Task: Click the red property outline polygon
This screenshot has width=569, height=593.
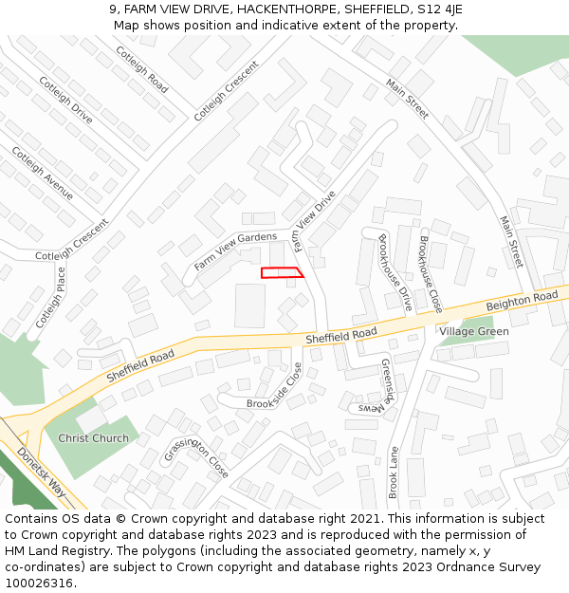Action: click(x=282, y=272)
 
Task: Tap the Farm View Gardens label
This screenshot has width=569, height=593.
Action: click(x=235, y=250)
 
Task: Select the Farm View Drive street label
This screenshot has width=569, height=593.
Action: click(x=314, y=222)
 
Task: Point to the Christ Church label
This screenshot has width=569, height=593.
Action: click(x=93, y=438)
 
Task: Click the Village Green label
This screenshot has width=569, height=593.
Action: click(x=473, y=331)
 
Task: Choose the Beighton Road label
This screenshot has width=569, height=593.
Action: click(x=522, y=303)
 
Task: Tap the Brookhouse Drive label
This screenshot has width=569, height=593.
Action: click(x=395, y=272)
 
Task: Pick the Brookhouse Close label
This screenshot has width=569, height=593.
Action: click(x=431, y=274)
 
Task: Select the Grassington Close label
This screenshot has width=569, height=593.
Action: click(x=197, y=455)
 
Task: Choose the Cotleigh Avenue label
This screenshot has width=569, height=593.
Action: click(x=42, y=173)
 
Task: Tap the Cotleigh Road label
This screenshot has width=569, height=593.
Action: click(x=142, y=70)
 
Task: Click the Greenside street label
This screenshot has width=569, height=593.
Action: click(x=387, y=380)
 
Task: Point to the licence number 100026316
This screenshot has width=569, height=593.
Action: click(x=39, y=584)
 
